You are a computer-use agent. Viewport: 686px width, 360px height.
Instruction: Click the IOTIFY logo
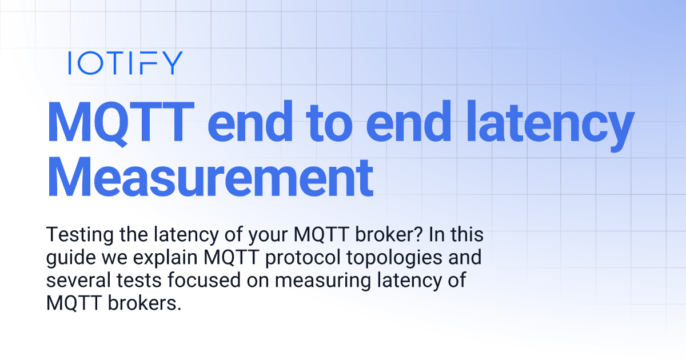pos(125,63)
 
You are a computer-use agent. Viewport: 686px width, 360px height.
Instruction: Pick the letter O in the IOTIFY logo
pos(87,63)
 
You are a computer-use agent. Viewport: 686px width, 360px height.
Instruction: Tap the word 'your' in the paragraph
pos(265,235)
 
